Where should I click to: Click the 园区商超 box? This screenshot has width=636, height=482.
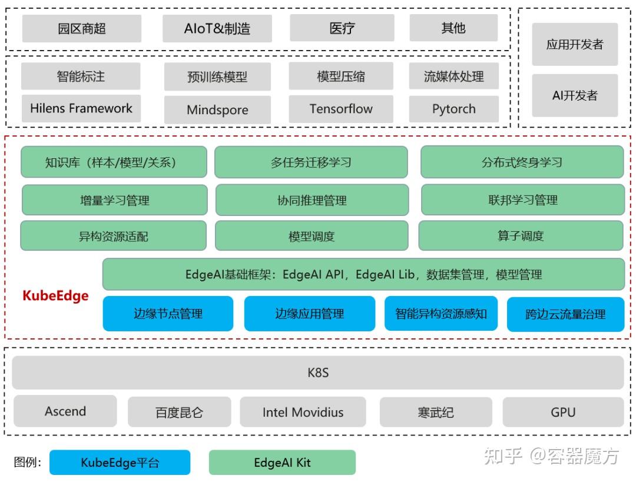82,28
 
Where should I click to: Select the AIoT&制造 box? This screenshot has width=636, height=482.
217,28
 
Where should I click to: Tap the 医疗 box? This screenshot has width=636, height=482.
342,28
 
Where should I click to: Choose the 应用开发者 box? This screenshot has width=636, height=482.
575,44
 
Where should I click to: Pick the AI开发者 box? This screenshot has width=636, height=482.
575,95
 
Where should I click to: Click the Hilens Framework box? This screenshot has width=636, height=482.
81,108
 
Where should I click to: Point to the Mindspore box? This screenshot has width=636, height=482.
217,109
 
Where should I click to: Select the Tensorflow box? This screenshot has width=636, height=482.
341,109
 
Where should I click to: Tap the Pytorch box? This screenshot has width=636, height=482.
453,109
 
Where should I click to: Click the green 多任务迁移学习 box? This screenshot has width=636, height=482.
311,162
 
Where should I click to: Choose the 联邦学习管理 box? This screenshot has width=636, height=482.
523,200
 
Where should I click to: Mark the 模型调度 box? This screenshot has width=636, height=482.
312,237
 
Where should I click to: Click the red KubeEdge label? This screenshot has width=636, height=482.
55,295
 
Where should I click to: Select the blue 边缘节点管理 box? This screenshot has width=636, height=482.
168,314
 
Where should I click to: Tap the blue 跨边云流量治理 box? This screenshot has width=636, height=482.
565,314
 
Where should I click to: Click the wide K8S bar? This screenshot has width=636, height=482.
318,373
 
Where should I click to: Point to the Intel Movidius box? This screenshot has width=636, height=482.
303,412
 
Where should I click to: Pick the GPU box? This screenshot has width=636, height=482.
563,412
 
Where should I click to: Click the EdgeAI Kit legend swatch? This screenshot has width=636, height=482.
282,463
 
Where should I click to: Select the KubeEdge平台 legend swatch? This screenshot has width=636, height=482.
120,463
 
